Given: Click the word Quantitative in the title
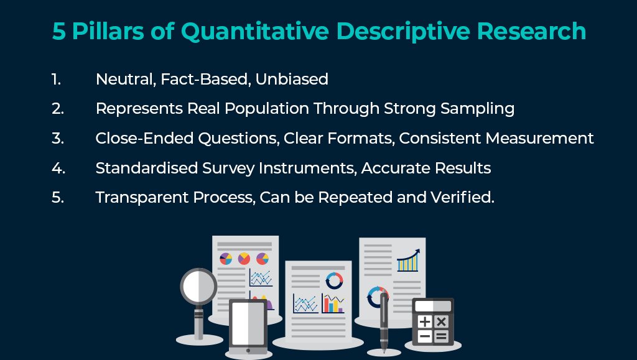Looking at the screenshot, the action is [x=254, y=32].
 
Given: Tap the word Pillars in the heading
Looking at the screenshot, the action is [x=108, y=31].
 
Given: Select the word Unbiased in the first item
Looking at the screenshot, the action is [x=292, y=79].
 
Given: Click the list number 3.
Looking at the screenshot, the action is [x=58, y=139].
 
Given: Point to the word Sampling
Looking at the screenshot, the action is [x=477, y=109].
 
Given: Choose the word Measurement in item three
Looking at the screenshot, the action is [x=539, y=139].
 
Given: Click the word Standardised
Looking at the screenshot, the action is [x=147, y=168].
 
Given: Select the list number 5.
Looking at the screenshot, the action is [x=58, y=198].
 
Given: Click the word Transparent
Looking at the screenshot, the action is [x=142, y=198].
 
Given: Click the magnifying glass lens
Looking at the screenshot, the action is [x=198, y=287].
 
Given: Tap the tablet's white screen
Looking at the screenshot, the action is [x=248, y=323].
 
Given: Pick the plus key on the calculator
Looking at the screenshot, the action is [x=424, y=322].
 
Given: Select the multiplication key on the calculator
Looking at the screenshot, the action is [x=441, y=322].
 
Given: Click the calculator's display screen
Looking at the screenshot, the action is [x=433, y=306].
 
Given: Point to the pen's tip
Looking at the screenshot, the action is [x=384, y=351].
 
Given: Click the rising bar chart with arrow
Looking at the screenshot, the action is [x=408, y=260].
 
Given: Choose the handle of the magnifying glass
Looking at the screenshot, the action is [x=198, y=323].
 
